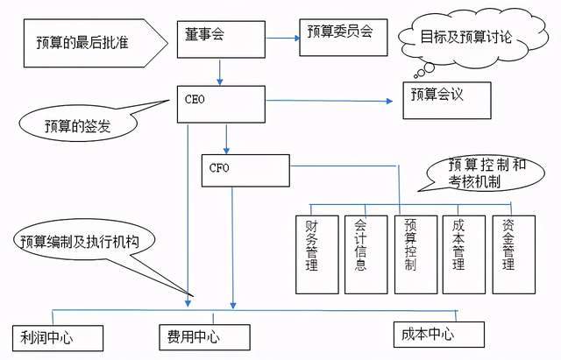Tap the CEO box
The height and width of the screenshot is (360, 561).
[221, 102]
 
